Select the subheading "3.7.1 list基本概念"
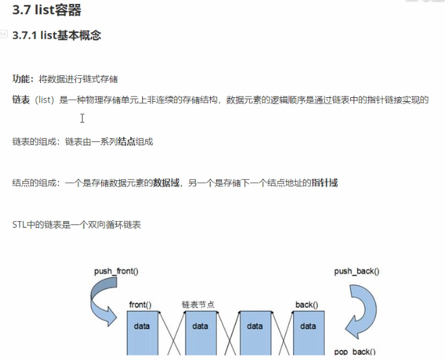click(x=56, y=36)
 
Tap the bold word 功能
click(x=21, y=79)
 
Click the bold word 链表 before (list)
click(x=21, y=100)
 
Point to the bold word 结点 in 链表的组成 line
click(x=126, y=141)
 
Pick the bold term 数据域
click(x=165, y=183)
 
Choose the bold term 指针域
click(x=324, y=183)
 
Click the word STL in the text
click(x=19, y=225)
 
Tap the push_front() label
click(x=117, y=271)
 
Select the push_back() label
click(x=357, y=271)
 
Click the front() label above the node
click(x=140, y=304)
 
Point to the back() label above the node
click(x=306, y=304)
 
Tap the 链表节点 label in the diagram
click(x=198, y=304)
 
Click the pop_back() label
click(x=354, y=352)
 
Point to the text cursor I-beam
click(x=82, y=118)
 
